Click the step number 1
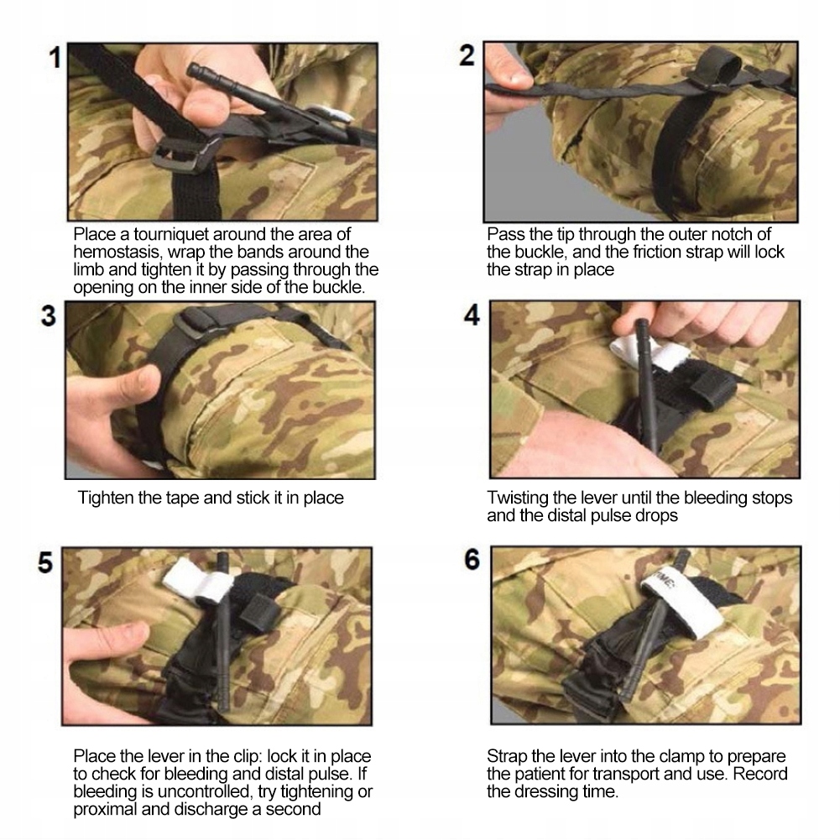[x=55, y=58]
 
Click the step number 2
[x=467, y=55]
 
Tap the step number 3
[x=48, y=316]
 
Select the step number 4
[x=472, y=315]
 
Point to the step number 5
[x=45, y=563]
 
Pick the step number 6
[x=472, y=560]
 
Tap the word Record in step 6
[x=760, y=774]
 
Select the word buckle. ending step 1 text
[x=338, y=287]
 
